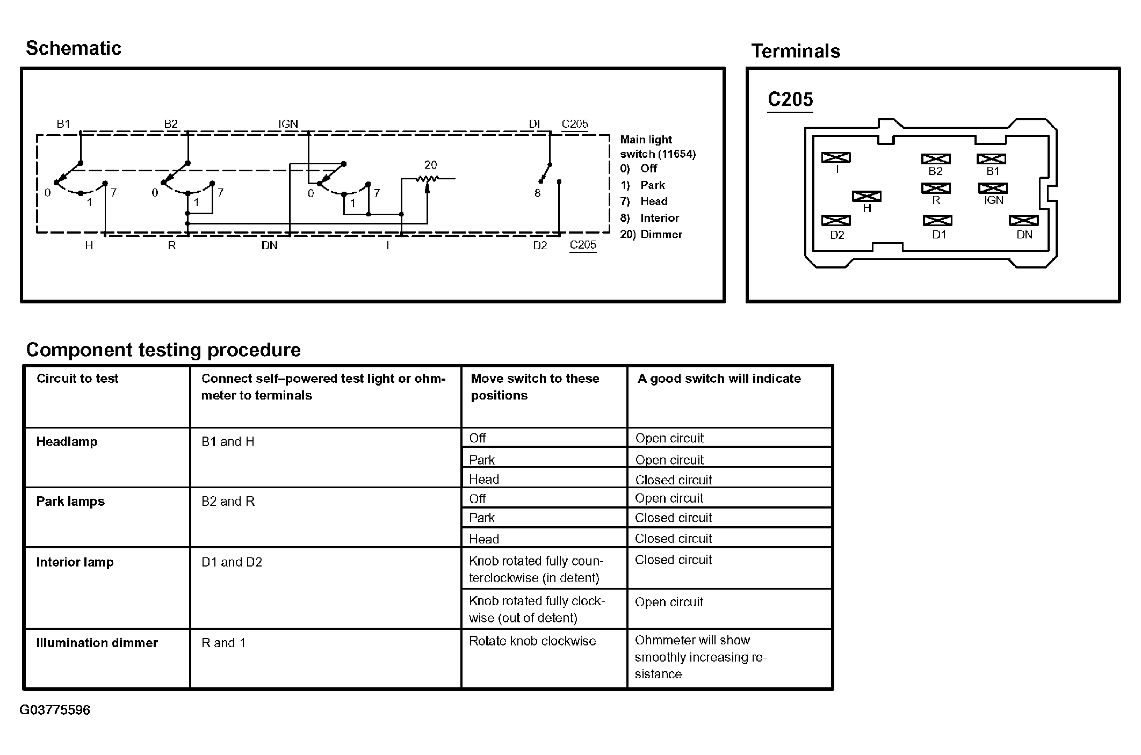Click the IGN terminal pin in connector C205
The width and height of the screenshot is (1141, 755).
993,188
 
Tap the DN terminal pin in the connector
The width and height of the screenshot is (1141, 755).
1023,221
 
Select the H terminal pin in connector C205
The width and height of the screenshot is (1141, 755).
866,197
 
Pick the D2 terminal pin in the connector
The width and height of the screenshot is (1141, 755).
836,221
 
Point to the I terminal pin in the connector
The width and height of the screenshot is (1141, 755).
836,157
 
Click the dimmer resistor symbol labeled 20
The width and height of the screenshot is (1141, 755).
428,178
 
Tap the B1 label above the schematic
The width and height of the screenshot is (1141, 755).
63,124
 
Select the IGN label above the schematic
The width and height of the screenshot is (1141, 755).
288,124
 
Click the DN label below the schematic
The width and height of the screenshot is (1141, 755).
269,245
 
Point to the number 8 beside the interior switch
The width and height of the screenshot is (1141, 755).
537,193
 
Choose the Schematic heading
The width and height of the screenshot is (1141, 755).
74,48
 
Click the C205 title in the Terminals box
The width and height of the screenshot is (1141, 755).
790,99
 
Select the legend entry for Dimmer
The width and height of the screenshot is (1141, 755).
651,234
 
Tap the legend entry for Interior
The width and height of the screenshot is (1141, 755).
649,218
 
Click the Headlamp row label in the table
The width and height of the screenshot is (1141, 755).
67,442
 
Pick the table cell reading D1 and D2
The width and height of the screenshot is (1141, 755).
232,562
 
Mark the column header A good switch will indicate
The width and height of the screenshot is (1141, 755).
719,379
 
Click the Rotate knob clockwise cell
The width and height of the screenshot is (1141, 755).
532,641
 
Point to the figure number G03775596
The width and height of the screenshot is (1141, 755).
55,710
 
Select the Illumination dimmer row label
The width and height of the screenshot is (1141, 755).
97,643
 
